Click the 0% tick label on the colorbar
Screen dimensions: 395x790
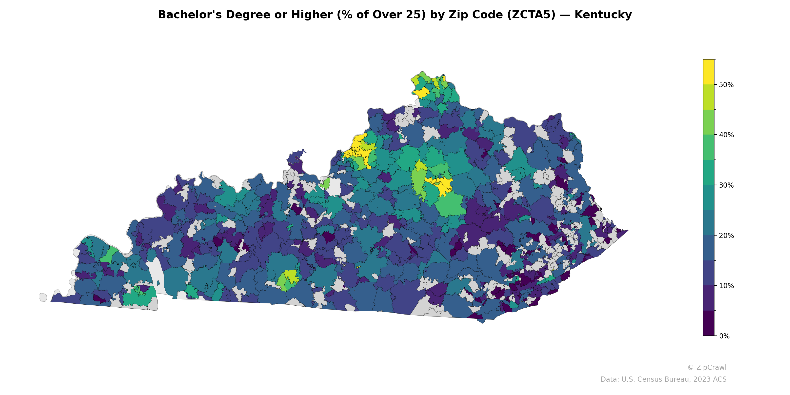pyautogui.click(x=724, y=336)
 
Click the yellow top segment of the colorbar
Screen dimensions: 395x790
pyautogui.click(x=709, y=71)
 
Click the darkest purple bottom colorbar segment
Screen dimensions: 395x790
pyautogui.click(x=709, y=323)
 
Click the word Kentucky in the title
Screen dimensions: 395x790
pyautogui.click(x=603, y=15)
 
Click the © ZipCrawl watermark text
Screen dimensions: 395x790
pyautogui.click(x=707, y=367)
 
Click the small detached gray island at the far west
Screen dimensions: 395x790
pyautogui.click(x=43, y=297)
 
